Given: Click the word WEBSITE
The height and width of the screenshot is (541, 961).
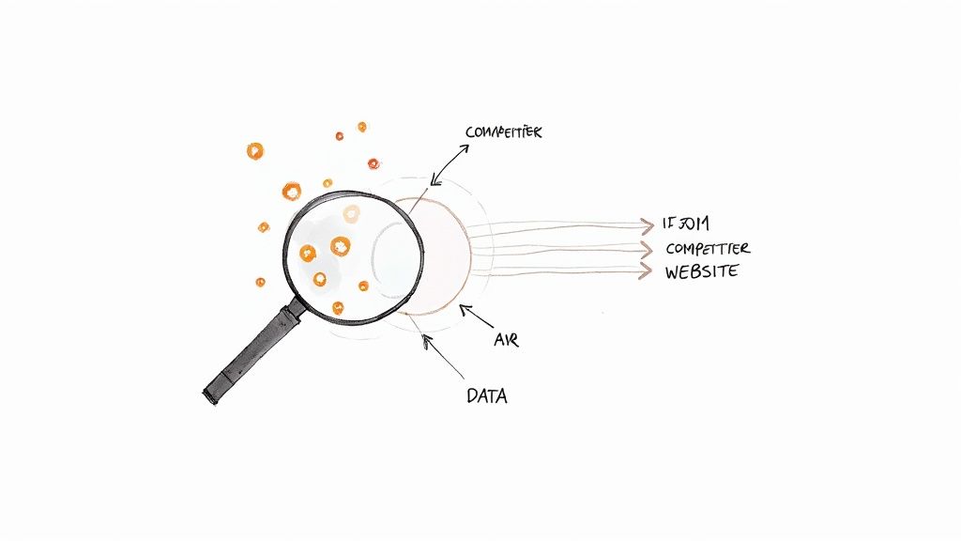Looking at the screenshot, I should [x=702, y=272].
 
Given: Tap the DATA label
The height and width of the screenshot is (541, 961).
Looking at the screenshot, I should [x=486, y=396].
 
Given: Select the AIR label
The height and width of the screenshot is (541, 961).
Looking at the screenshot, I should [x=506, y=340].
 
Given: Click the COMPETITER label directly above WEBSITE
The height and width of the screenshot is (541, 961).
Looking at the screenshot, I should [x=708, y=248].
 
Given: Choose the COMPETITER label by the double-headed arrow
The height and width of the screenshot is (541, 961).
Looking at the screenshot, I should [x=503, y=133].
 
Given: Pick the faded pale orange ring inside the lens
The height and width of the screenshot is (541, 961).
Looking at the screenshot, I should [x=351, y=214].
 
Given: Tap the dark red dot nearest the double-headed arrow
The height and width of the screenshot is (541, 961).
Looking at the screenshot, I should [x=374, y=163].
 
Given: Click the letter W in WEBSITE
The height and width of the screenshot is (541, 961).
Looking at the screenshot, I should [x=673, y=272].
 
